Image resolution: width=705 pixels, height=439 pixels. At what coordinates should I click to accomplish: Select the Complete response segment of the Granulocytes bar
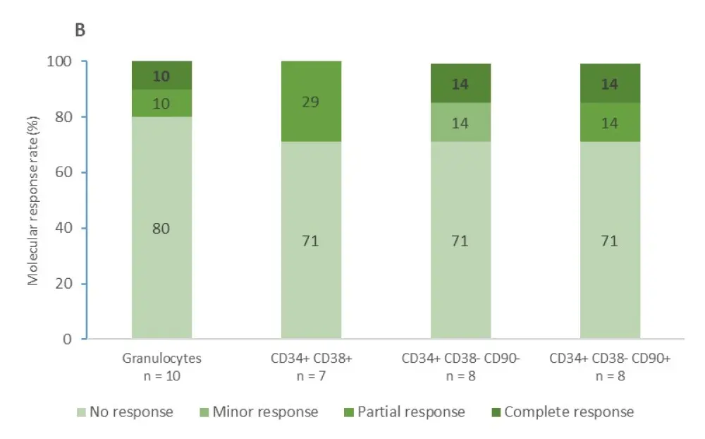(161, 76)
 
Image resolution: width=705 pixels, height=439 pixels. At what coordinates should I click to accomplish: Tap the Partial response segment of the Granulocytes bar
(161, 103)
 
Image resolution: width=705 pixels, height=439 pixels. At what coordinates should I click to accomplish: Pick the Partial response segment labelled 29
(311, 102)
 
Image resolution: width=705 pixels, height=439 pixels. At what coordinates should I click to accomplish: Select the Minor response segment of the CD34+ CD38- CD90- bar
(460, 122)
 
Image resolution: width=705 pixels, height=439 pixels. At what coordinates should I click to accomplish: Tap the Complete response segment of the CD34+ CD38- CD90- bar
(460, 83)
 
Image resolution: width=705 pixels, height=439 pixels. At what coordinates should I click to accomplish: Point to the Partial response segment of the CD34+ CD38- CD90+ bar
(610, 122)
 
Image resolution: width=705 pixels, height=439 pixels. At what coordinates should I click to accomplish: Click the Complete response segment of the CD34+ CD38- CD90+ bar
(610, 83)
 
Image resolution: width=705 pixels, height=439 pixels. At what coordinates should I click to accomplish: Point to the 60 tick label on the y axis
(62, 173)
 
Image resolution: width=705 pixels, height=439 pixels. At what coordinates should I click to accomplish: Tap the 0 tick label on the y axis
(68, 339)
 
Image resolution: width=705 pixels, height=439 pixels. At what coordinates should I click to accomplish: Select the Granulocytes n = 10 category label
(161, 367)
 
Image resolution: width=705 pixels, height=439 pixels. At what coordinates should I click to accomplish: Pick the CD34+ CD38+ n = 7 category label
(311, 367)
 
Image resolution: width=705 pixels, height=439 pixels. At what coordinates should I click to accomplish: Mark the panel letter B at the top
(80, 31)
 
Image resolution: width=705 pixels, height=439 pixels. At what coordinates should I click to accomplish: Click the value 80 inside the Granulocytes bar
(161, 229)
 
